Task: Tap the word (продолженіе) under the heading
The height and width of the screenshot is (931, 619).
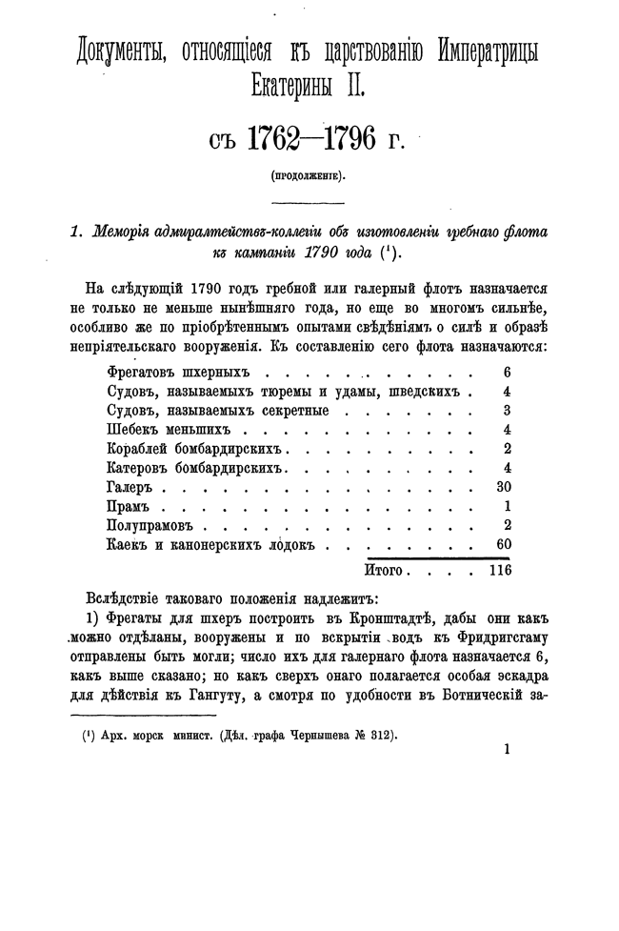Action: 309,175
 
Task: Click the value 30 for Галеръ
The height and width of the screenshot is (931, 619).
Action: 505,486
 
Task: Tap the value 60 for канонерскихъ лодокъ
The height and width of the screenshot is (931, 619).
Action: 505,544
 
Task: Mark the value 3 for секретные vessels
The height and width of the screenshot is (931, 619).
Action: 509,411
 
